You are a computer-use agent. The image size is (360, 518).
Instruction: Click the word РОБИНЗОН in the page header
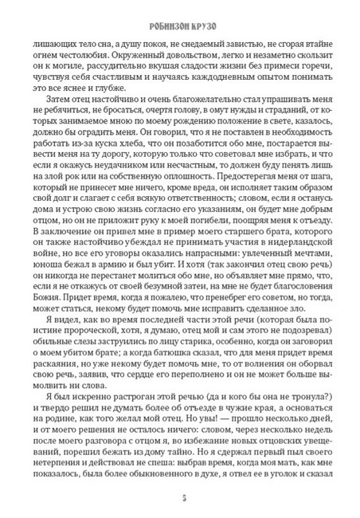pos(162,14)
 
